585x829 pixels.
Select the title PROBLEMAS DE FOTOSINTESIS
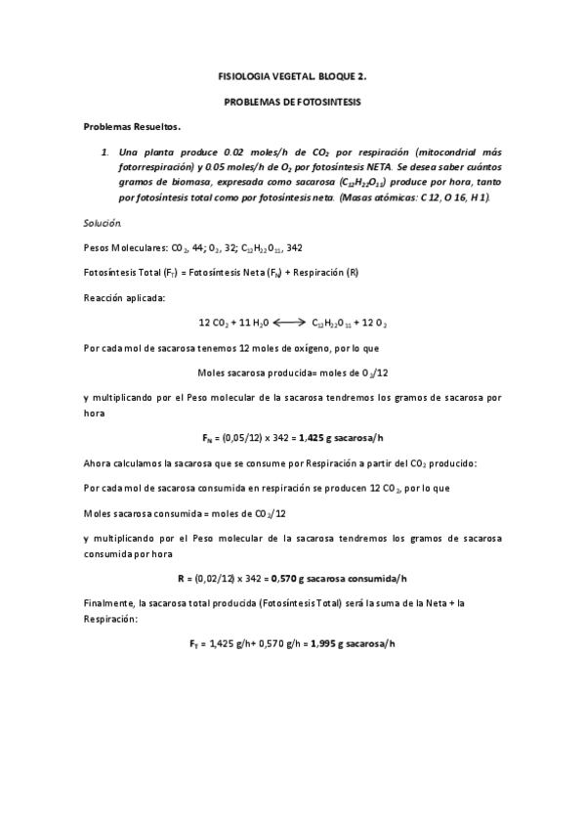[x=291, y=102]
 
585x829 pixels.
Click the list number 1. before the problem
[x=104, y=153]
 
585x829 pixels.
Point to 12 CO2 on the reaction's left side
[x=214, y=322]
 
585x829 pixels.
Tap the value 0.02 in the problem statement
[x=233, y=153]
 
